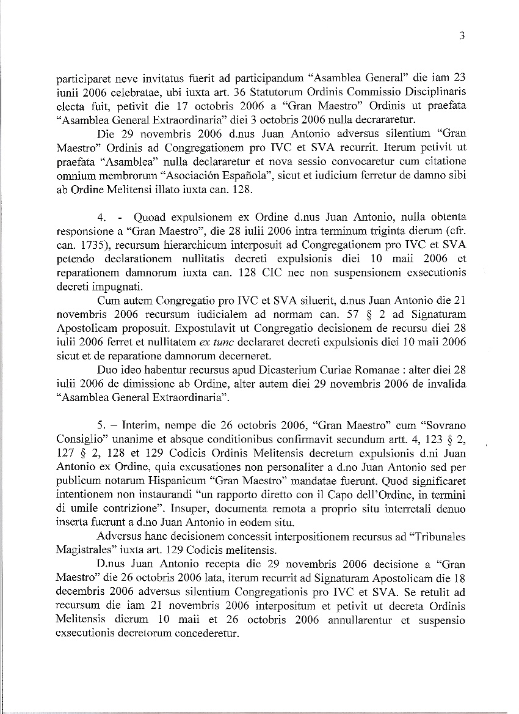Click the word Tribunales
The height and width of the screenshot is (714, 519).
[435, 537]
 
